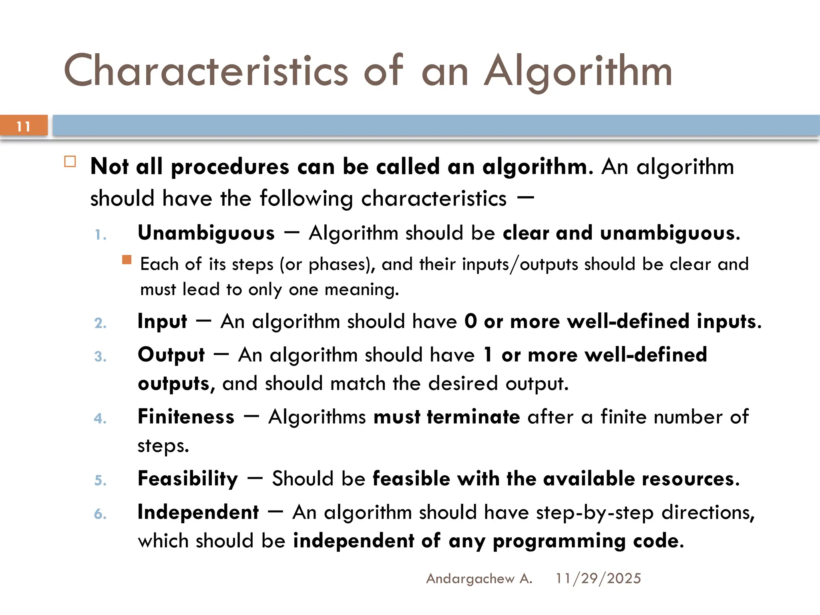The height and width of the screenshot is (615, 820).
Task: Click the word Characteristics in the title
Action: pyautogui.click(x=206, y=71)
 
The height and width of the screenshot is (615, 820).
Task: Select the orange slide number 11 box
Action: pyautogui.click(x=24, y=126)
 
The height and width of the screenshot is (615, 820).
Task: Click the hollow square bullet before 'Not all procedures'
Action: pyautogui.click(x=70, y=162)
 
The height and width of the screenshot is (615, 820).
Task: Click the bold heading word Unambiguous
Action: pyautogui.click(x=206, y=233)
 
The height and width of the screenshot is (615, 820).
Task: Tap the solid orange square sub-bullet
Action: pyautogui.click(x=127, y=260)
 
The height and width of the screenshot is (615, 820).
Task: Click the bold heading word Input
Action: pyautogui.click(x=162, y=322)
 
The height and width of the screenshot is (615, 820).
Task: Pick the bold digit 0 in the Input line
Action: pyautogui.click(x=471, y=321)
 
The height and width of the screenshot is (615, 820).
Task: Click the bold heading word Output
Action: pyautogui.click(x=171, y=355)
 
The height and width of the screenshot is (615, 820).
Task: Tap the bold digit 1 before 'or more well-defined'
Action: pyautogui.click(x=488, y=355)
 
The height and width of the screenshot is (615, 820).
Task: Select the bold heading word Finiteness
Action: pyautogui.click(x=186, y=417)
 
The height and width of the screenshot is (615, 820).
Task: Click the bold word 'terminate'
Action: pyautogui.click(x=473, y=417)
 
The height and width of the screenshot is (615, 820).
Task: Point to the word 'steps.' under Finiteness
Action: pyautogui.click(x=163, y=446)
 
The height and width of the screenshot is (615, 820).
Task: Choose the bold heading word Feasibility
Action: pyautogui.click(x=188, y=479)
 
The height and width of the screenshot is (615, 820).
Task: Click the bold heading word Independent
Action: pyautogui.click(x=198, y=512)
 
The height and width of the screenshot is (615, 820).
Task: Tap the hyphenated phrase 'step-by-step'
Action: pyautogui.click(x=595, y=512)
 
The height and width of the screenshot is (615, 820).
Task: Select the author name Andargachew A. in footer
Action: pyautogui.click(x=479, y=579)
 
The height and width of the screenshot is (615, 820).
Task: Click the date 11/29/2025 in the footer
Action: pyautogui.click(x=598, y=579)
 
